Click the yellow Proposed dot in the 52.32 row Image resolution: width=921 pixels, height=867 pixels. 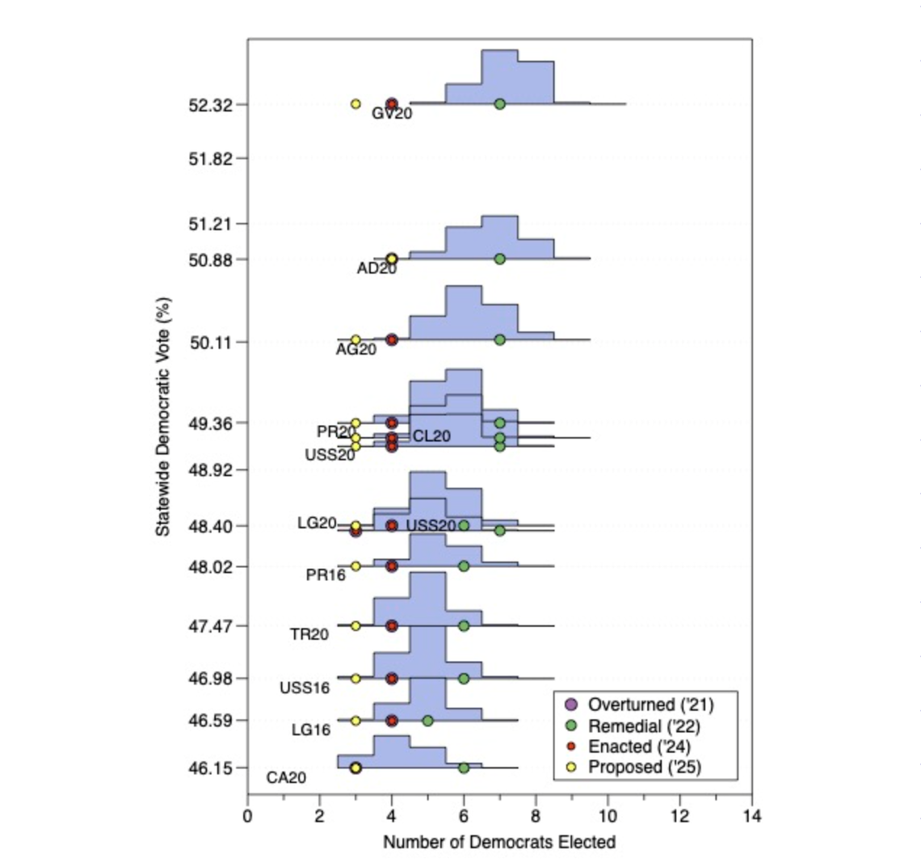point(355,104)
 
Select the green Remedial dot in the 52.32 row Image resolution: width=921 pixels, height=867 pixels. point(499,104)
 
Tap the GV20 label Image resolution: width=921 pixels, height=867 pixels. point(392,114)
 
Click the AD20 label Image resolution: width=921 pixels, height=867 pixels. point(376,268)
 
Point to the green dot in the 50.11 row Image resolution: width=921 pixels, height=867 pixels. point(499,340)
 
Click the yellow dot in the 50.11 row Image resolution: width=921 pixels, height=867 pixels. point(355,340)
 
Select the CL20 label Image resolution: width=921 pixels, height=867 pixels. point(431,436)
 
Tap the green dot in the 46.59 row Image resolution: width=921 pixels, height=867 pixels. point(427,720)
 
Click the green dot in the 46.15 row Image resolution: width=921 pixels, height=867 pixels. point(464,768)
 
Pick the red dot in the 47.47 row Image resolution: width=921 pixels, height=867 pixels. point(392,625)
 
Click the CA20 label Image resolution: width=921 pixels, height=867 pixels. point(286,778)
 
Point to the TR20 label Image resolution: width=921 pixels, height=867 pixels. point(309,635)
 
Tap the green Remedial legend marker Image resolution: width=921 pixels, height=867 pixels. point(571,726)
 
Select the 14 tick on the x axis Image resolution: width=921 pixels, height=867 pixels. point(751,816)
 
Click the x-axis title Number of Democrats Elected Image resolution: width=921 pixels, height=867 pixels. point(499,842)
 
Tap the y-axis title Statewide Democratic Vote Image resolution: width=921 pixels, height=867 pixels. point(163,417)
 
